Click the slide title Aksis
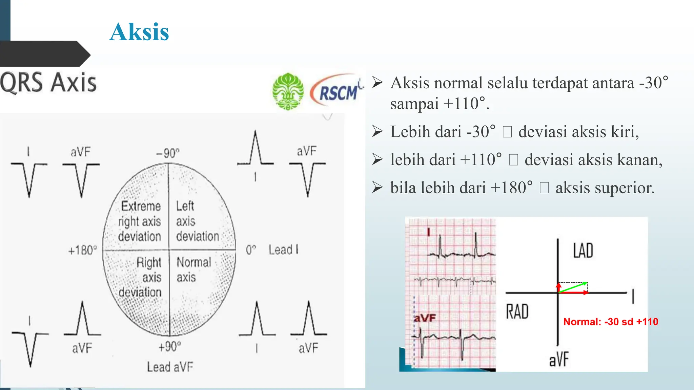[x=139, y=32]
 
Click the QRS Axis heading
[x=48, y=82]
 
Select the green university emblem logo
[x=288, y=91]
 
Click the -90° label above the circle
[x=168, y=153]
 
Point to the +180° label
[x=82, y=251]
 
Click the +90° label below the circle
[x=170, y=347]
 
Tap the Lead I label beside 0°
[x=284, y=250]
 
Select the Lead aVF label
[x=170, y=367]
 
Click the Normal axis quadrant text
[x=193, y=269]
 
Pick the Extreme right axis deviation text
[x=140, y=221]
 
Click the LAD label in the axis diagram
[x=583, y=251]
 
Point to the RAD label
[x=517, y=311]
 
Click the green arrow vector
[x=573, y=287]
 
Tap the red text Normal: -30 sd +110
[x=611, y=322]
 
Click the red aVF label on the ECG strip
[x=425, y=318]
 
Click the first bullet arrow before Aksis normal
[x=377, y=82]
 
